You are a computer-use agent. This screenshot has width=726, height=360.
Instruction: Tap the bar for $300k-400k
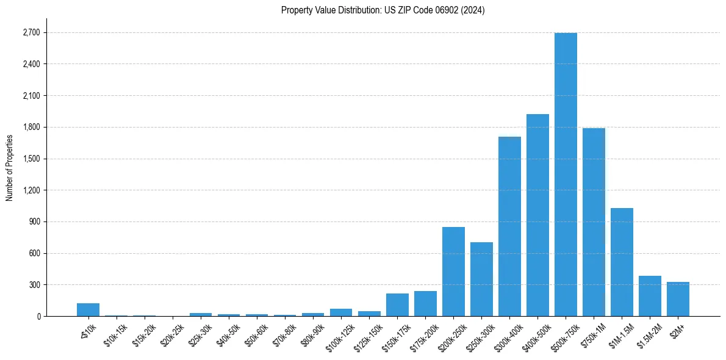[x=509, y=226]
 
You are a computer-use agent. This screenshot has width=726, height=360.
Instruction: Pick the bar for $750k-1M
[x=594, y=222]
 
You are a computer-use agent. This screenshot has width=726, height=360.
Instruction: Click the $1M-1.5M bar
[x=622, y=262]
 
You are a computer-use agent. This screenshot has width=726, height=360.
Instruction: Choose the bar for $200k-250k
[x=453, y=272]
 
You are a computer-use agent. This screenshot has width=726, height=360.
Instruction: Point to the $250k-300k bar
[x=481, y=279]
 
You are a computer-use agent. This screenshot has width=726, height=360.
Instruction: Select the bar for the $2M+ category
[x=678, y=299]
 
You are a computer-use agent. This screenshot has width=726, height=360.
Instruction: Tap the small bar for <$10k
[x=88, y=310]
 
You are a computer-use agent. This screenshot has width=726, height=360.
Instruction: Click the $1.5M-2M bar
[x=650, y=296]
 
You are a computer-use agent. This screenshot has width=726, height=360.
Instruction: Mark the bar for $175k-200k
[x=425, y=304]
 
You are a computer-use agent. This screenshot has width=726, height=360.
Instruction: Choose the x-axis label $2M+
[x=676, y=329]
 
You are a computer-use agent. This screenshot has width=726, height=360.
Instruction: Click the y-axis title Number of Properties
[x=10, y=168]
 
